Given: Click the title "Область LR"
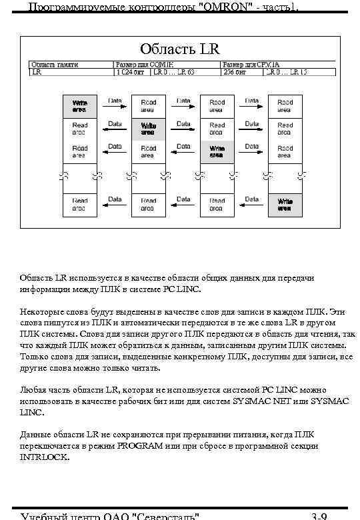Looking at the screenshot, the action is tap(179, 49).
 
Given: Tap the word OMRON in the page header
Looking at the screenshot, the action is tap(222, 7).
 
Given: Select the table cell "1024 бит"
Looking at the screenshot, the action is tap(129, 72).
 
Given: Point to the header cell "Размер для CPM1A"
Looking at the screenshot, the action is tap(251, 65).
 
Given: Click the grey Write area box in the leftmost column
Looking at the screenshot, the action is tap(80, 106).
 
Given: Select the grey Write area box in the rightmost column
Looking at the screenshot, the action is tap(285, 205).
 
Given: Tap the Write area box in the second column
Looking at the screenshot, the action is tap(148, 129).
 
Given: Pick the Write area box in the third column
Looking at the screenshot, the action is tap(217, 152).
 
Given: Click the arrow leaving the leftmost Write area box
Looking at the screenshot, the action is tap(115, 107).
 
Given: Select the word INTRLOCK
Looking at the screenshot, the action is tap(44, 458).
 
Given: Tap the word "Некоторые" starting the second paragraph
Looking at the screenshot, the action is tap(41, 311).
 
